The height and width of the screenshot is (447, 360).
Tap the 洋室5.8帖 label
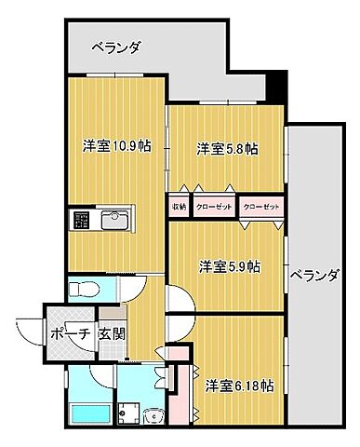pos(227,148)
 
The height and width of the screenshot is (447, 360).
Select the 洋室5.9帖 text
pos(228,266)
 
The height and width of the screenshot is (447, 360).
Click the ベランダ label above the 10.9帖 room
pos(117,48)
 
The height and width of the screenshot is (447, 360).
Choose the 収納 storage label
pos(179,206)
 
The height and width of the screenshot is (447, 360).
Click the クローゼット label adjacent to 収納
pos(214,206)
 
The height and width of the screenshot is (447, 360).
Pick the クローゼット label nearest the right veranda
pos(260,206)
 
